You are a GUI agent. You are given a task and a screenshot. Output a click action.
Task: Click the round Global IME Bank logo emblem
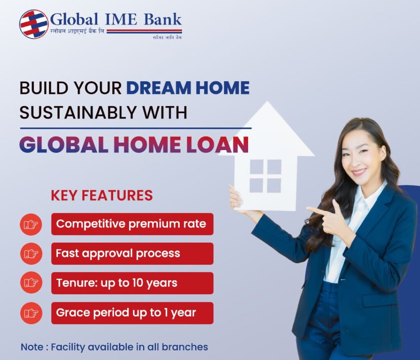click(x=34, y=24)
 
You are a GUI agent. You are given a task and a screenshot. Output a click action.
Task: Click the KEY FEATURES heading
click(x=102, y=196)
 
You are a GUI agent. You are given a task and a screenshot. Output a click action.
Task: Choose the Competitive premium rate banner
click(x=132, y=224)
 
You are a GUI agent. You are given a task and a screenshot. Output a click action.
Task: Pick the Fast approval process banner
click(x=132, y=253)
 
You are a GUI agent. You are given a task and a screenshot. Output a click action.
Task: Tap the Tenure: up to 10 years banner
click(x=132, y=283)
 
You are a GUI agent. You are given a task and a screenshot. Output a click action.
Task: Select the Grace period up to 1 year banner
click(x=132, y=313)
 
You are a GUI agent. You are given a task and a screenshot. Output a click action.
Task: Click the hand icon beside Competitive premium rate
click(x=31, y=224)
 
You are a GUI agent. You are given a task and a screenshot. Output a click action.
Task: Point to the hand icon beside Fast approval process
click(x=31, y=253)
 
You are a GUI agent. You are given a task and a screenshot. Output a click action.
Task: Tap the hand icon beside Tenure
click(x=31, y=283)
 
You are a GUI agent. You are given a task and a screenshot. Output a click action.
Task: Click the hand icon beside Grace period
click(x=31, y=313)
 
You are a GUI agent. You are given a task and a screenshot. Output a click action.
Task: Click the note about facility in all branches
click(x=114, y=347)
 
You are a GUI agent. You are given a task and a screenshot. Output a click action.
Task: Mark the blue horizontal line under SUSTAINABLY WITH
click(x=135, y=128)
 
